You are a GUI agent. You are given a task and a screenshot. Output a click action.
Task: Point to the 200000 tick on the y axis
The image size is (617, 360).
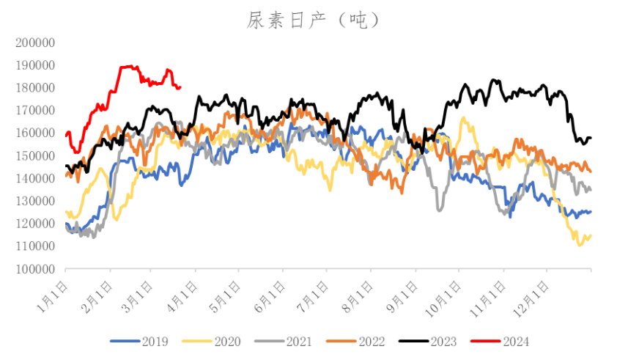(35, 43)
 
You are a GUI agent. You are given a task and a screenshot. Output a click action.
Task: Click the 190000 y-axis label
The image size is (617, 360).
(35, 65)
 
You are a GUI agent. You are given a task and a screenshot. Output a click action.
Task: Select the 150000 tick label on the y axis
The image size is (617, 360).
(35, 156)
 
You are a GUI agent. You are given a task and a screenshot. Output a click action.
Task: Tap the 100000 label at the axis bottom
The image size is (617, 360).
(35, 269)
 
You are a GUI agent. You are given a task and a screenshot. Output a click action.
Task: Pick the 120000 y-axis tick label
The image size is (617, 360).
(35, 224)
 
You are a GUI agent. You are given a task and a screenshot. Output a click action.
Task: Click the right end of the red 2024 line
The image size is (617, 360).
(180, 87)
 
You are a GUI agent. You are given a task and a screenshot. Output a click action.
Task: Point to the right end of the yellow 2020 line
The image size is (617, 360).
(591, 235)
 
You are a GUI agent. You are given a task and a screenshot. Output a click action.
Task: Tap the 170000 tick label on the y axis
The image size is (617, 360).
(35, 111)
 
